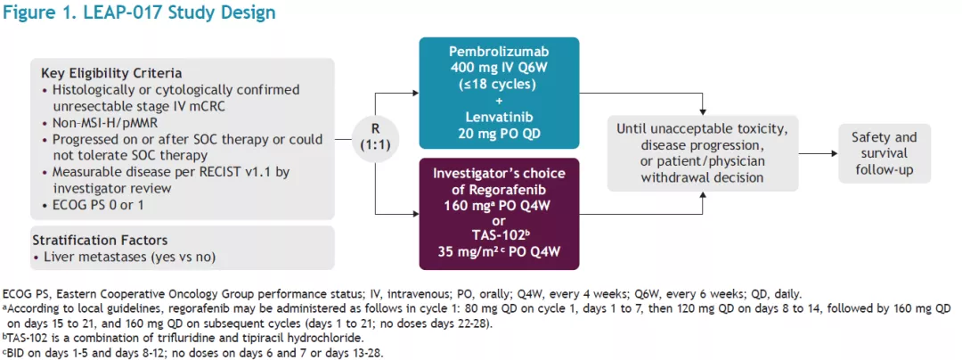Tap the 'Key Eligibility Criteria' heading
(111, 73)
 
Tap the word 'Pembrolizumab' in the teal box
(499, 50)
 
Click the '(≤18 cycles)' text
(499, 83)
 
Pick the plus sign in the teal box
(499, 99)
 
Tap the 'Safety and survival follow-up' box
(885, 153)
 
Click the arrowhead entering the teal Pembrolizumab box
(415, 94)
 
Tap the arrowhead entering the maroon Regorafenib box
(415, 215)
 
